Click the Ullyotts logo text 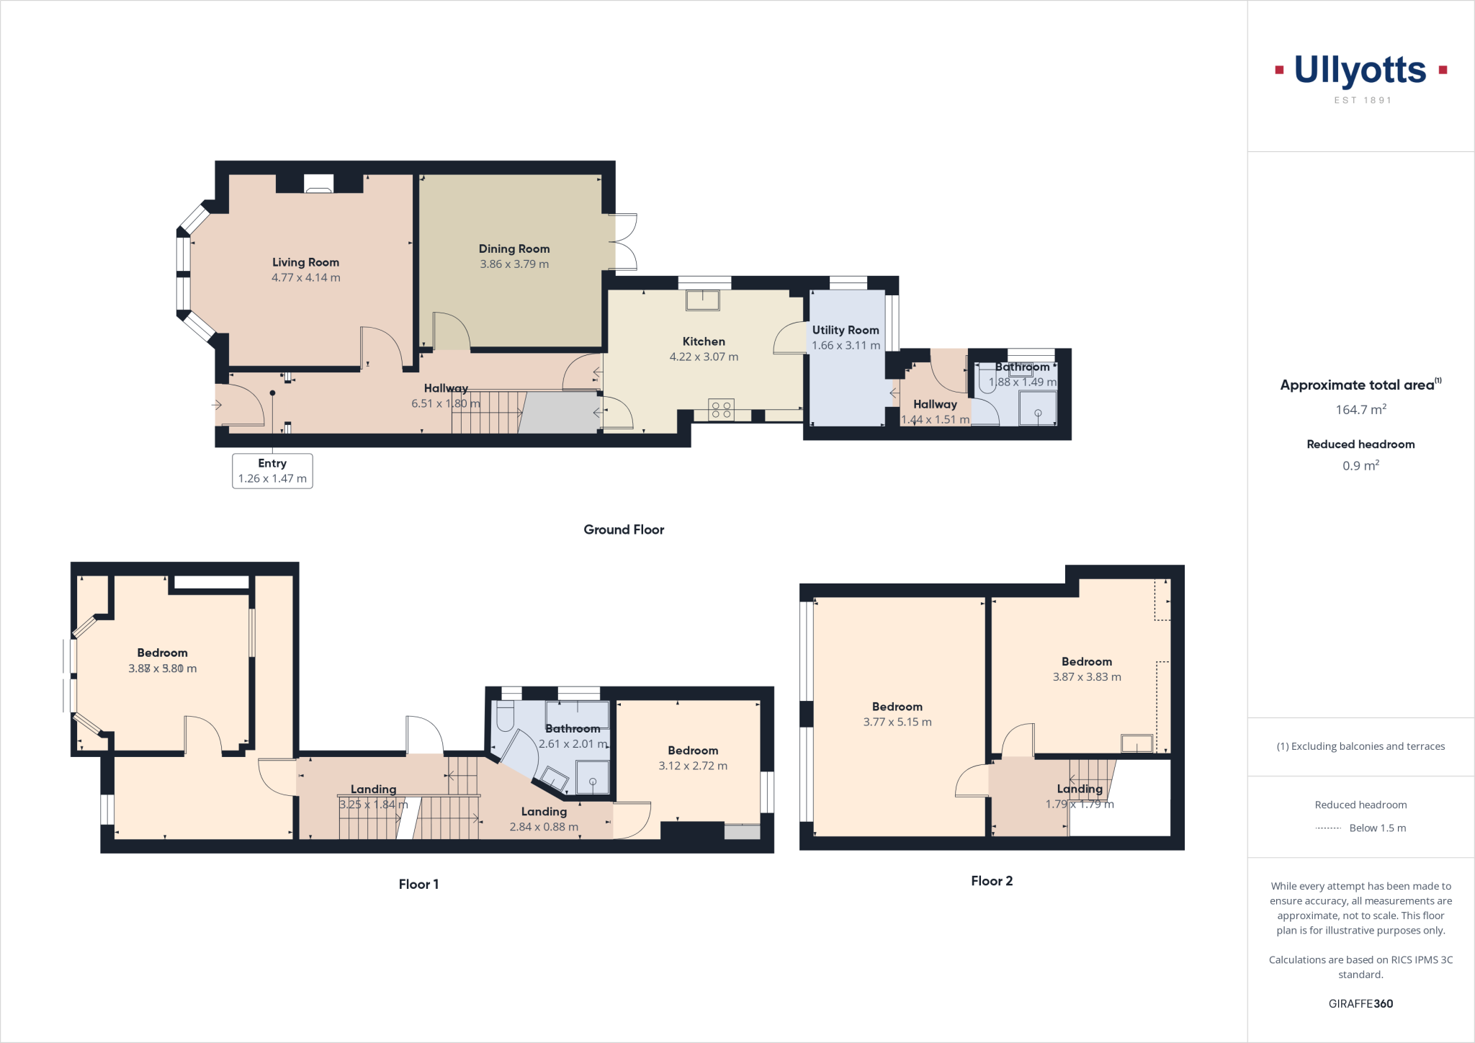pyautogui.click(x=1360, y=71)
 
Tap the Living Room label pyautogui.click(x=305, y=262)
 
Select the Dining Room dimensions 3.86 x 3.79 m pyautogui.click(x=514, y=264)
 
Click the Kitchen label pyautogui.click(x=704, y=341)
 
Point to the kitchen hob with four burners pyautogui.click(x=721, y=410)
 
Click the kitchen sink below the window pyautogui.click(x=702, y=300)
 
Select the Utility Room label pyautogui.click(x=846, y=330)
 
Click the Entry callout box pyautogui.click(x=272, y=471)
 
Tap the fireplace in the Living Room pyautogui.click(x=318, y=184)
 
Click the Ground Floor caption pyautogui.click(x=624, y=529)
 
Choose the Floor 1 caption pyautogui.click(x=418, y=885)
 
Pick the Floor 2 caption pyautogui.click(x=992, y=881)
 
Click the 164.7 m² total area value pyautogui.click(x=1360, y=410)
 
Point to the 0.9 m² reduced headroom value pyautogui.click(x=1360, y=466)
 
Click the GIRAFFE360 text pyautogui.click(x=1360, y=1003)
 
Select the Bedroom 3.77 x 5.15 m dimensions pyautogui.click(x=897, y=722)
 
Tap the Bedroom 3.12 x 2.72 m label pyautogui.click(x=693, y=751)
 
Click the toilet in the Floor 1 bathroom pyautogui.click(x=505, y=717)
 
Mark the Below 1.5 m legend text pyautogui.click(x=1377, y=828)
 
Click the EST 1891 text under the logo pyautogui.click(x=1363, y=101)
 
